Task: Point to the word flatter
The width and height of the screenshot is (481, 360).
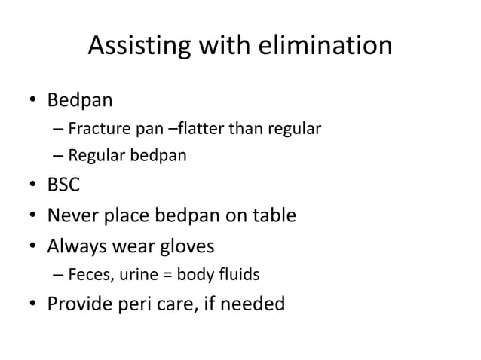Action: [x=201, y=129]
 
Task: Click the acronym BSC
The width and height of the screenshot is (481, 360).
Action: [x=64, y=185]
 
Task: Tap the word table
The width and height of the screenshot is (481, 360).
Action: [x=271, y=216]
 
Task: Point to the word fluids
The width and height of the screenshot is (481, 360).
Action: [x=240, y=275]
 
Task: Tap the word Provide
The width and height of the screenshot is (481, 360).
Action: [x=81, y=304]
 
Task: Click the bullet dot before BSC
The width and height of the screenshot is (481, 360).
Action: [x=34, y=186]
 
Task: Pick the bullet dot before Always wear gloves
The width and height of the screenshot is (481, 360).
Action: [x=34, y=246]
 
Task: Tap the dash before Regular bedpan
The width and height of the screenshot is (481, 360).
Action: [x=58, y=157]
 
